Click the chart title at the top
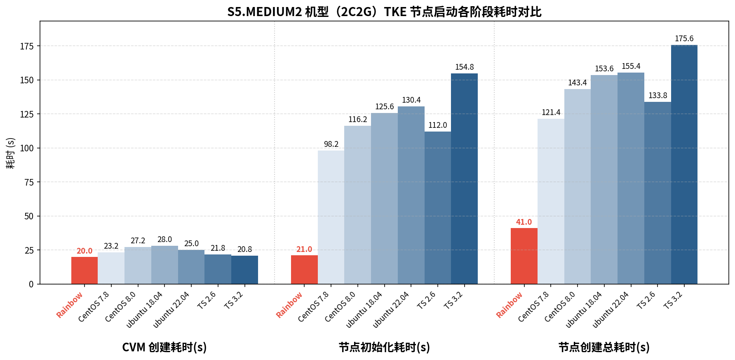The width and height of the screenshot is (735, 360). click(384, 12)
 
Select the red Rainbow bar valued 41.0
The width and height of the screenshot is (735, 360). click(524, 256)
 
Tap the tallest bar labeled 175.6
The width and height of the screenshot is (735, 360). click(684, 165)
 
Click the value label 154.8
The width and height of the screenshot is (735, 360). click(464, 67)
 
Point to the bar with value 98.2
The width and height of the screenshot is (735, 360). click(331, 217)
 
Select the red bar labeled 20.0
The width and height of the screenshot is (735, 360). click(85, 271)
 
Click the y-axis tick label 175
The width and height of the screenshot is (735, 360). click(27, 46)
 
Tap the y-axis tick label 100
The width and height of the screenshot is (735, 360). click(27, 148)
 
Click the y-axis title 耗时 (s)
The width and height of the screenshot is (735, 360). click(10, 153)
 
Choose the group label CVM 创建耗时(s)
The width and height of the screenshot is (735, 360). click(164, 347)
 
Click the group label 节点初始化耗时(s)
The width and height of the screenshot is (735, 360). click(384, 347)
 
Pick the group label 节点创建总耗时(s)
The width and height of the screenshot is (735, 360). click(604, 347)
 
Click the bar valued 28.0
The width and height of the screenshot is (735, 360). click(164, 265)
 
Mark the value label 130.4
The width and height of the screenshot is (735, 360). click(411, 100)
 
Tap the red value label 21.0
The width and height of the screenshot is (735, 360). click(304, 249)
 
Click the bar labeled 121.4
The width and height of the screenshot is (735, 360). click(551, 201)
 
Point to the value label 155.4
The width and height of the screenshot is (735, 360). click(631, 66)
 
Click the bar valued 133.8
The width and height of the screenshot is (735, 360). click(658, 193)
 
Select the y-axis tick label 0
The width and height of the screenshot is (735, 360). click(31, 284)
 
